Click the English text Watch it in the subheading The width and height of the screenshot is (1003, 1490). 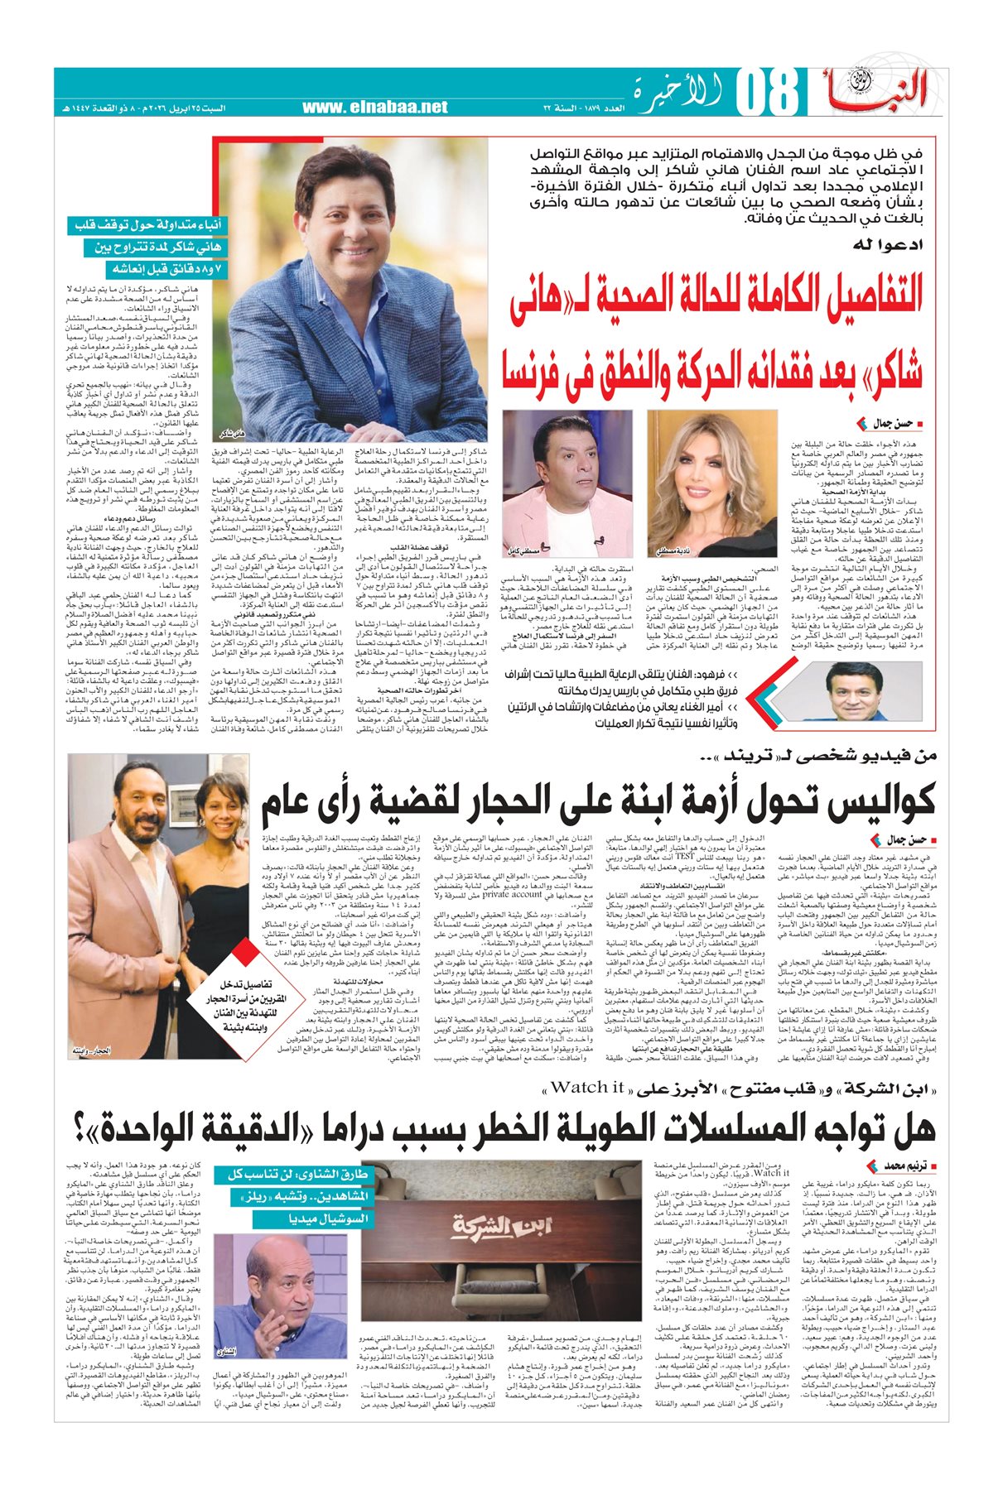tap(587, 1087)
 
